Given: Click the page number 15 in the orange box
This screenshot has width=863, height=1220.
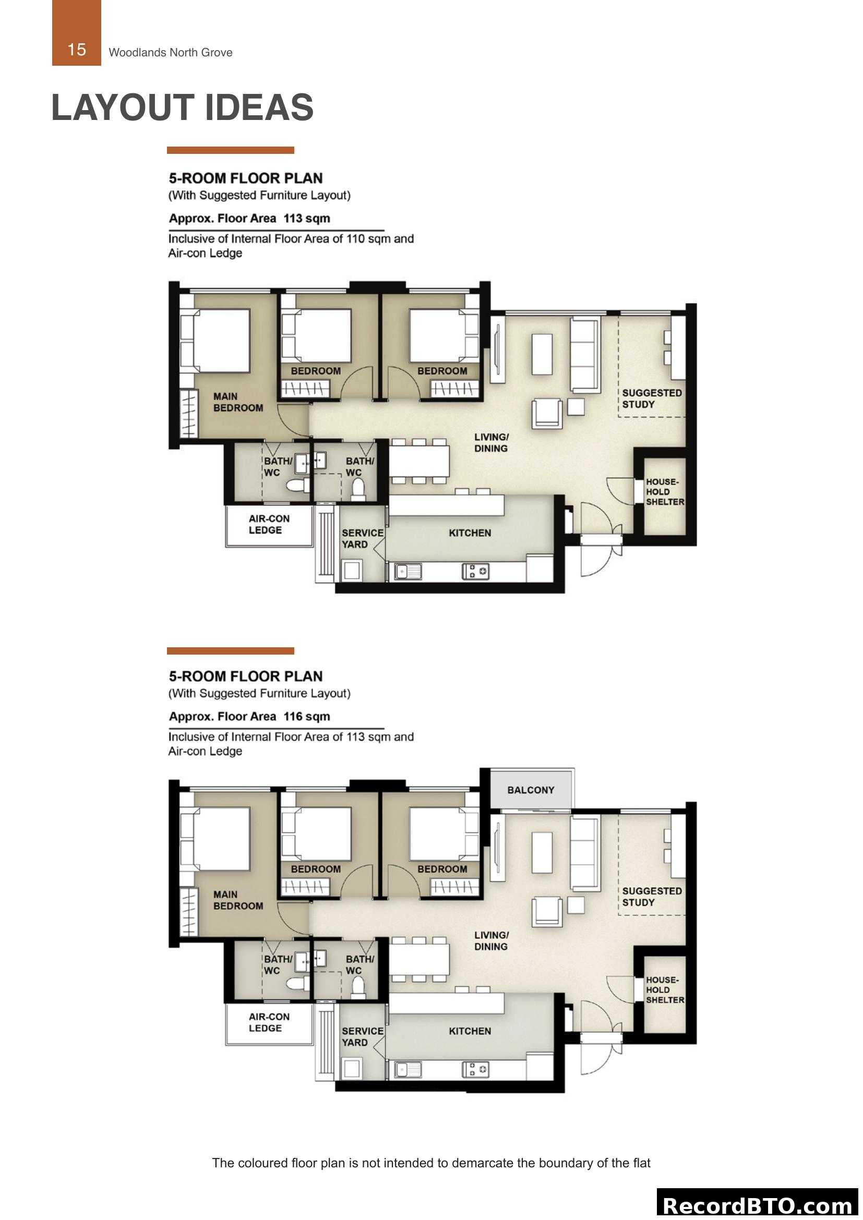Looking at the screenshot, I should tap(77, 50).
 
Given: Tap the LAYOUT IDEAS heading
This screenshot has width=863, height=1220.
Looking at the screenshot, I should tap(182, 107).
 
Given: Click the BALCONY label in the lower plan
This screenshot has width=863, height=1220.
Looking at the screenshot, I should tap(530, 790).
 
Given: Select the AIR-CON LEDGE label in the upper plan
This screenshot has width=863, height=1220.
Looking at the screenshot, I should tap(269, 524).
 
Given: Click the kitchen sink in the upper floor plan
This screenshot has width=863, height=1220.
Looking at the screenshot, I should tap(407, 571).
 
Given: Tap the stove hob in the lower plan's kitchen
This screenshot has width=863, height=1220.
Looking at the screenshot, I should tap(476, 1069).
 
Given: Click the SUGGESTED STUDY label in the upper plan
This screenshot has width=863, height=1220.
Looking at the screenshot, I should tap(652, 398).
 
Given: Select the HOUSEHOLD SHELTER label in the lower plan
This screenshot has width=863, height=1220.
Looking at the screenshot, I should tap(664, 989).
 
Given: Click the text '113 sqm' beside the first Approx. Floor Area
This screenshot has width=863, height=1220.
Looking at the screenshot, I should tap(307, 219).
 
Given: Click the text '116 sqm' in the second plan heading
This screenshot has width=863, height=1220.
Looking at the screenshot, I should tap(307, 716).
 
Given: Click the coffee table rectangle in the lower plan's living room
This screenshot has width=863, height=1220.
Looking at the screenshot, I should tap(542, 852).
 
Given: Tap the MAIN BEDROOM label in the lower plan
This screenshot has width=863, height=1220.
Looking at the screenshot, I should tap(238, 900).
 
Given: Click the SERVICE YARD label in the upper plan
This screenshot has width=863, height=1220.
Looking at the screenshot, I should tap(362, 538).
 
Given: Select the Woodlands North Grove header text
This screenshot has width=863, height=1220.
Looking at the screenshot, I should tap(171, 53).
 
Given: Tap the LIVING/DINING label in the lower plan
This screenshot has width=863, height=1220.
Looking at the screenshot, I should tap(491, 940).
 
